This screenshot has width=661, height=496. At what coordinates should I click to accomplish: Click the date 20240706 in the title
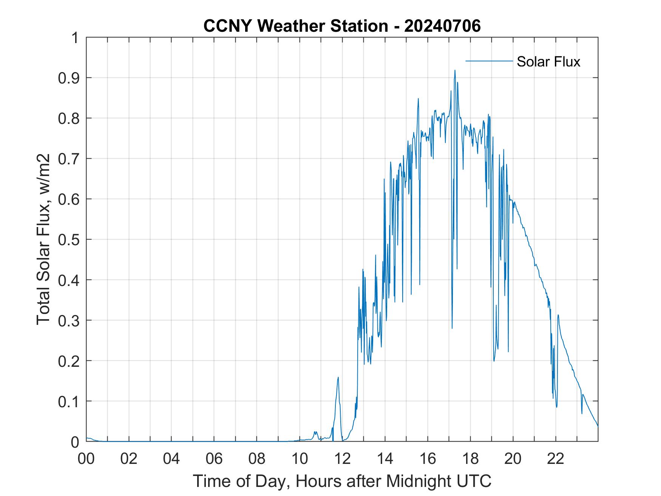442,26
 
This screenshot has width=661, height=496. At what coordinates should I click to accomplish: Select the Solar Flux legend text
548,62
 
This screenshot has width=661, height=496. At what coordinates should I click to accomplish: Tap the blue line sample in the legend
489,61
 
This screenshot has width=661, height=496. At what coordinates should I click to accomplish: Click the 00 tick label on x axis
86,459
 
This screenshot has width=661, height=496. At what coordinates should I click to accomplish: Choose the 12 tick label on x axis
343,459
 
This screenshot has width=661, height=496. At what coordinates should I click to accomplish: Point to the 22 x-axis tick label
556,459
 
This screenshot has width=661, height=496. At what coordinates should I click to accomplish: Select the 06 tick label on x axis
215,459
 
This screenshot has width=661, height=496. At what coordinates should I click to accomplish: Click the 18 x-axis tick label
470,459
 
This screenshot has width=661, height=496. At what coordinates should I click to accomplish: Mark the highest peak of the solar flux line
455,70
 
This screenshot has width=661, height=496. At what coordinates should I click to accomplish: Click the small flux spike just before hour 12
338,377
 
